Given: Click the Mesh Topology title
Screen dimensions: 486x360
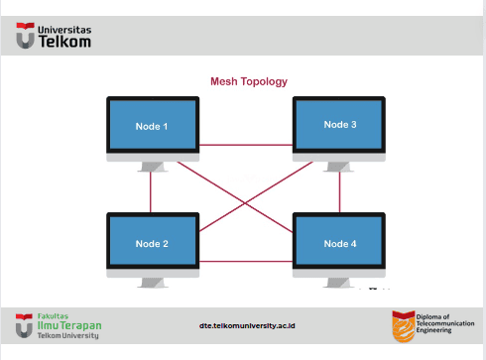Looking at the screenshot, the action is pos(249,81).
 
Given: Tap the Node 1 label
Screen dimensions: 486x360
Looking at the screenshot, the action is pos(152,126).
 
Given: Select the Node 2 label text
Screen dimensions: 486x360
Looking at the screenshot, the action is pos(152,244).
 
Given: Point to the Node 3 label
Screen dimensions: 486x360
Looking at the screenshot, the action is pos(340,124).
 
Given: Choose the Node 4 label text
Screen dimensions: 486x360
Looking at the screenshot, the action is pos(340,244).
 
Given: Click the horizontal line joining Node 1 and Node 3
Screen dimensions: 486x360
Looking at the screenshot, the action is pos(246,145).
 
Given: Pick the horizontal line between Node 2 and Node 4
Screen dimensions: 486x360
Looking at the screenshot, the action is pos(246,262).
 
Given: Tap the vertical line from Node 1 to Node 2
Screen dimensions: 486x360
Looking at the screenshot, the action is pos(151,192).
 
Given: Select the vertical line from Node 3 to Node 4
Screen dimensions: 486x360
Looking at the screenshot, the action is pos(339,192).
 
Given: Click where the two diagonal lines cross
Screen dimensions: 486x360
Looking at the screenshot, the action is pos(245,202).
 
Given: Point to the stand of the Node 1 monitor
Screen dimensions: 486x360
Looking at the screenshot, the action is pos(152,167).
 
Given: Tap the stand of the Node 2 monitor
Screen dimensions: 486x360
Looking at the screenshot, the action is pos(152,283).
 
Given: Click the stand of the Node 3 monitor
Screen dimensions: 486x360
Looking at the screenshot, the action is pos(338,167).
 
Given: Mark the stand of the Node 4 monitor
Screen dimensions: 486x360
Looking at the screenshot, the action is pos(338,283).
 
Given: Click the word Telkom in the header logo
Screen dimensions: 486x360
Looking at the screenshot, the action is pos(64,42).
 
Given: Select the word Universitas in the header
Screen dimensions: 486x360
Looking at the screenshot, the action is pos(64,30).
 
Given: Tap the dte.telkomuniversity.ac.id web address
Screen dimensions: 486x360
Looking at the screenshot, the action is pos(247,325).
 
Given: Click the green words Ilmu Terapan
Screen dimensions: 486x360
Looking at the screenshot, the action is pos(69,325).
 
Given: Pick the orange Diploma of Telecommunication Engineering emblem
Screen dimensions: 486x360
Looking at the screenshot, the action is pos(404,326).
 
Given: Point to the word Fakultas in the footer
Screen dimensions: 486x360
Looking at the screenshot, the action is pos(53,316).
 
